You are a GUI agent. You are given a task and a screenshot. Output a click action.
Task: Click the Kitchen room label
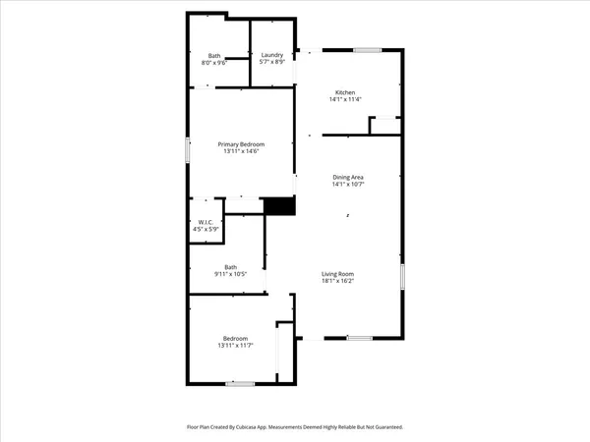(x=346, y=92)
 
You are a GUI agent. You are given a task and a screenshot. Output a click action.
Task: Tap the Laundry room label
(x=271, y=55)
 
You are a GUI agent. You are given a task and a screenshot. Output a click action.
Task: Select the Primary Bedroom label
(x=242, y=144)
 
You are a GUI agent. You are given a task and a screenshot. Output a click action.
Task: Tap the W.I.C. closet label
(x=206, y=223)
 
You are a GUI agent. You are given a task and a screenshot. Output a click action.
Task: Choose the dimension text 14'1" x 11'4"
(x=346, y=99)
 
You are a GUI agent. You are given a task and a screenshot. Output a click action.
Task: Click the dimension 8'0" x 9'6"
(x=214, y=63)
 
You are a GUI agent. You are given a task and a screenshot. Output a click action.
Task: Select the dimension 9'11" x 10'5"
(x=230, y=273)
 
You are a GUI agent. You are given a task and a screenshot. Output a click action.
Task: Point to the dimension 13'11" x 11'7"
(x=234, y=346)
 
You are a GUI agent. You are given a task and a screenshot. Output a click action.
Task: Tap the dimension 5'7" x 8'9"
(x=271, y=63)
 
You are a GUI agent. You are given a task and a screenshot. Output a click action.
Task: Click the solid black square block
(x=279, y=206)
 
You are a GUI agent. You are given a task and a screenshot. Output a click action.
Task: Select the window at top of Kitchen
(x=368, y=49)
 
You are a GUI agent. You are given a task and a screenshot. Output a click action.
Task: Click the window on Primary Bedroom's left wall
(x=189, y=150)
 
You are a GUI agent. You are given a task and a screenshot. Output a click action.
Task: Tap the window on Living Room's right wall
(x=401, y=275)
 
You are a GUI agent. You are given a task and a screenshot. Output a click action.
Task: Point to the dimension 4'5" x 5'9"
(x=206, y=230)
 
